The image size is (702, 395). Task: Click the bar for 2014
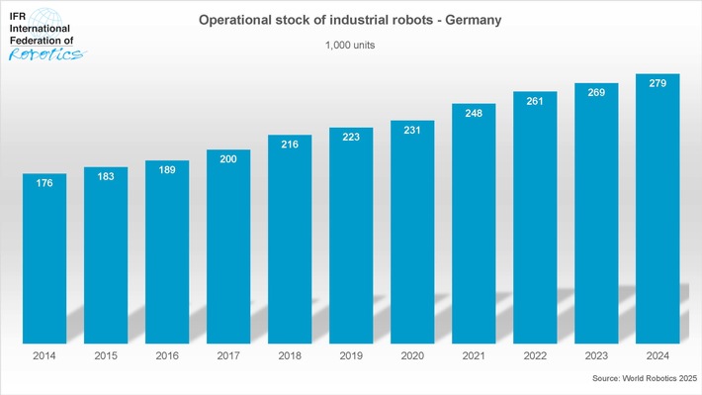pyautogui.click(x=44, y=257)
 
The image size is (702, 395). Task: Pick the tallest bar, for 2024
pyautogui.click(x=658, y=208)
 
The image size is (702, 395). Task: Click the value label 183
pyautogui.click(x=106, y=177)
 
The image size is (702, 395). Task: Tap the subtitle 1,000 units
pyautogui.click(x=351, y=46)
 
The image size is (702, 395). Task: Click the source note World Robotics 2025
pyautogui.click(x=646, y=379)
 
